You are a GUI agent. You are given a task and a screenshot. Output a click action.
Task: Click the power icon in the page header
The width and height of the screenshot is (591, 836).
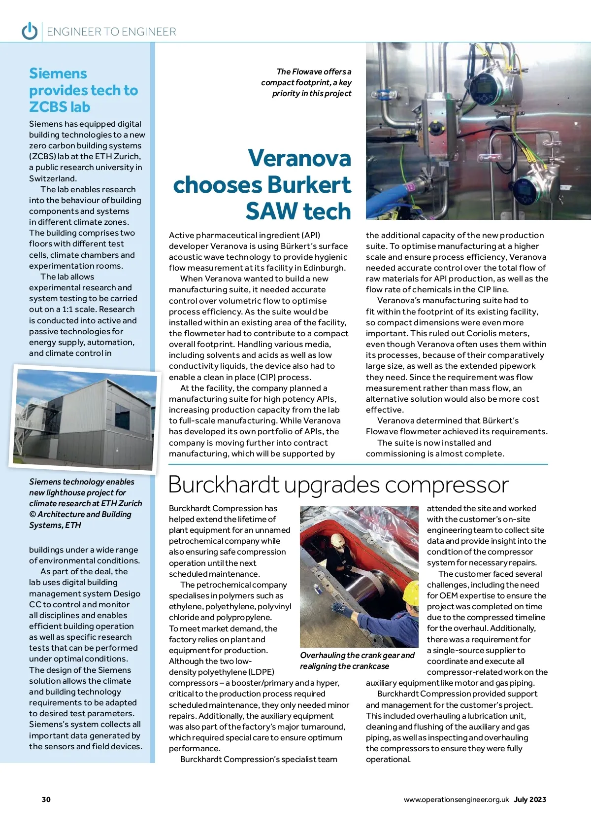(x=30, y=31)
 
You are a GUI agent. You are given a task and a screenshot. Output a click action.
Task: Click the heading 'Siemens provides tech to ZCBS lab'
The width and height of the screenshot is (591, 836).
(x=83, y=90)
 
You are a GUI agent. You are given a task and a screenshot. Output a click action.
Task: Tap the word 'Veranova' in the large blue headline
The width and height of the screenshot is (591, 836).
(x=299, y=158)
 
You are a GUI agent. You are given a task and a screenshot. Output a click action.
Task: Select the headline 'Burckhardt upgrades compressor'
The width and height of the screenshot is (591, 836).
(x=338, y=485)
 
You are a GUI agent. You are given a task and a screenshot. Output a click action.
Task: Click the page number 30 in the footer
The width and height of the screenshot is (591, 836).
(x=46, y=800)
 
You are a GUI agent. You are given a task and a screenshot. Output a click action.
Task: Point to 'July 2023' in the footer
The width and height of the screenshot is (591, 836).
(x=530, y=800)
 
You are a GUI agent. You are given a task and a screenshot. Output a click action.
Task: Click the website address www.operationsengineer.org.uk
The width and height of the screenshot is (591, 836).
(x=456, y=800)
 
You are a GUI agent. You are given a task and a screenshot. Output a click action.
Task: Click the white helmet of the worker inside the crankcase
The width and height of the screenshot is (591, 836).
(x=338, y=540)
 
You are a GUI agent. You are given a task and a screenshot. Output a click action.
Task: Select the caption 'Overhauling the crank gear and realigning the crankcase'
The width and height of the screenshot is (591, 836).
(x=357, y=661)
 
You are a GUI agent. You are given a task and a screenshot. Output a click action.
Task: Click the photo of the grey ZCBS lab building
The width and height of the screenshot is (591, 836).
(x=84, y=419)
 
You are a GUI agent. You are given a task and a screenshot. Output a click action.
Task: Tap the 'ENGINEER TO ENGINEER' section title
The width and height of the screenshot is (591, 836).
(x=111, y=32)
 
